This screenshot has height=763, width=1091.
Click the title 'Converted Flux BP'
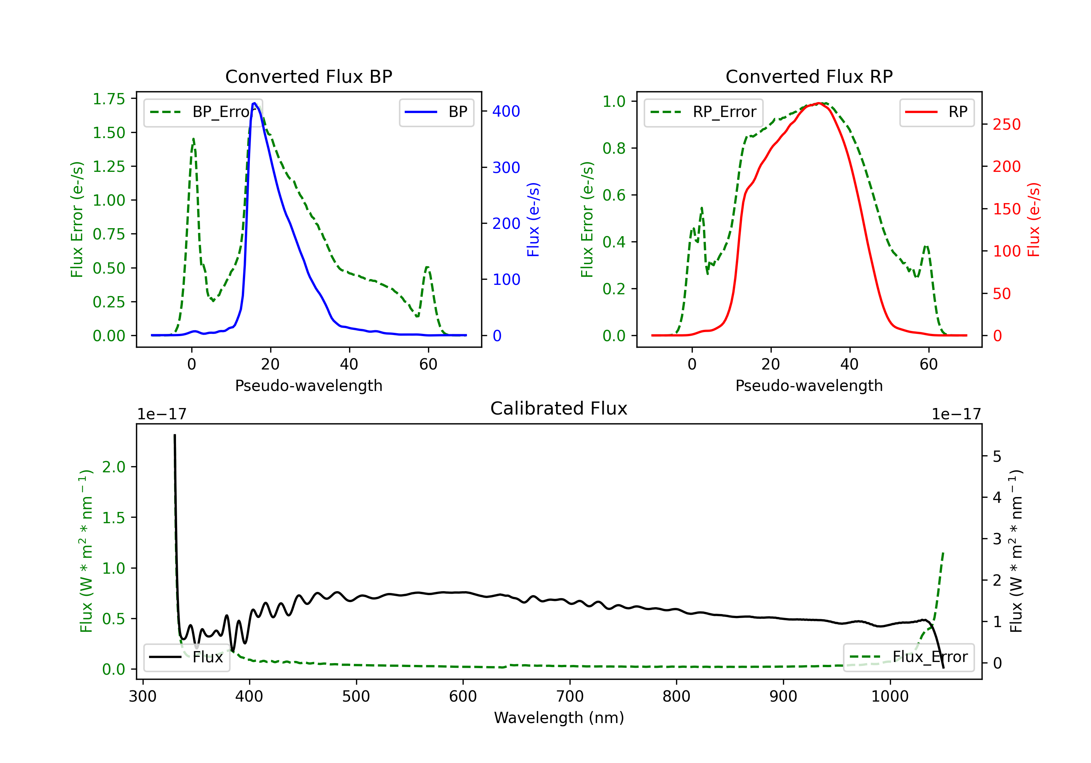coord(308,76)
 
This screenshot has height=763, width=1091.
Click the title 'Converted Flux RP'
coord(809,76)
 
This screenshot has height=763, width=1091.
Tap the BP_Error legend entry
coord(203,112)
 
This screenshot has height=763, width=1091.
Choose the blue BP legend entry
coord(436,112)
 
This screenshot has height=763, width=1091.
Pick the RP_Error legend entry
coord(703,112)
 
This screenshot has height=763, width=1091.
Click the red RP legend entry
coord(936,112)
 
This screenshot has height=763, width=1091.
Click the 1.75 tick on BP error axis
coord(108,99)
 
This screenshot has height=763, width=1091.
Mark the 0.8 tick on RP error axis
coord(614,148)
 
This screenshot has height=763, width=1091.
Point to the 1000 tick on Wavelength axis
coord(890,696)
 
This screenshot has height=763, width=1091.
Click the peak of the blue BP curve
coord(255,103)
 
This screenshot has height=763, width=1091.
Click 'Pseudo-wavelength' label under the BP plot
coord(308,385)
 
